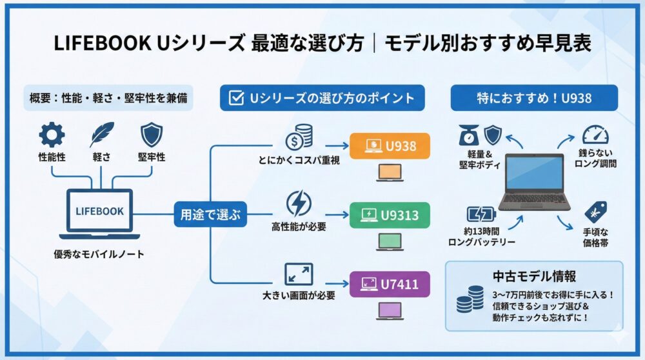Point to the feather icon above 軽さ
(x=101, y=135)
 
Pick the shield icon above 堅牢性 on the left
(x=152, y=135)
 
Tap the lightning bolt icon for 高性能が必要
(x=298, y=203)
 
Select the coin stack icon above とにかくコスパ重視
(x=298, y=135)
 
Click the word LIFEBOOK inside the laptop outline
(x=99, y=211)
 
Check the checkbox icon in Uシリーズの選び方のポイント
(x=237, y=98)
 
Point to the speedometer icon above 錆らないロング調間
(x=595, y=135)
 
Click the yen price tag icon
(x=595, y=212)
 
